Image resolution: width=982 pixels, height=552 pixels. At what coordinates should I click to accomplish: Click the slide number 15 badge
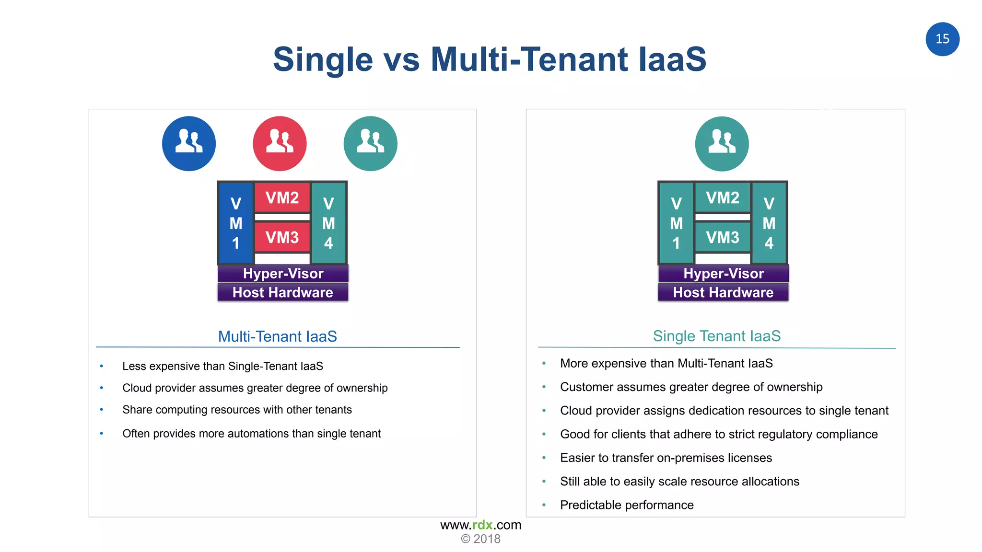point(942,39)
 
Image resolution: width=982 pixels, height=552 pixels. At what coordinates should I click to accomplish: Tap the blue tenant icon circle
point(189,143)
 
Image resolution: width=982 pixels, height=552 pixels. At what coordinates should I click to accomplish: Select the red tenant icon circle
point(280,143)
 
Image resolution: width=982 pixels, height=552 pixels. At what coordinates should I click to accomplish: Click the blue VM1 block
point(235,223)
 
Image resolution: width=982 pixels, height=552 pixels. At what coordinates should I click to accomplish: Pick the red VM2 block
point(282,197)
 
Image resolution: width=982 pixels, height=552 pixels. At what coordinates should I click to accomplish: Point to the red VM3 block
point(282,237)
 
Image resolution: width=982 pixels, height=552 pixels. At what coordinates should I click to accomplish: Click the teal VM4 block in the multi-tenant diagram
point(328,223)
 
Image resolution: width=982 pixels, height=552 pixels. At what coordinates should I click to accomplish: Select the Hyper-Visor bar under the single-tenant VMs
point(723,274)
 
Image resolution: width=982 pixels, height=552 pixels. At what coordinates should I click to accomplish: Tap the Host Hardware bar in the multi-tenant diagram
point(282,292)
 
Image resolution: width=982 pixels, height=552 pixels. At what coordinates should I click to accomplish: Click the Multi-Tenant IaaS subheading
point(277,336)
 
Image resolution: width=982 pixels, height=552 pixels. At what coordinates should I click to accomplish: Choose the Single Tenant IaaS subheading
point(716,336)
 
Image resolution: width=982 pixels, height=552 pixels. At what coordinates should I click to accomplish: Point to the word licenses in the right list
point(749,458)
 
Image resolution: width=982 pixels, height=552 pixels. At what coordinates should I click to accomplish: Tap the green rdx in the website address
point(482,525)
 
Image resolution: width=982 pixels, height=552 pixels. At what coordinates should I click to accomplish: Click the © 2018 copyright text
point(480,539)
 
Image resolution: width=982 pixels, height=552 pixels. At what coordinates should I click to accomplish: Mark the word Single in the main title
point(323,59)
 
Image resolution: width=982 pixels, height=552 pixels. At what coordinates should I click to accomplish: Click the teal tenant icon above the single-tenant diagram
point(722,143)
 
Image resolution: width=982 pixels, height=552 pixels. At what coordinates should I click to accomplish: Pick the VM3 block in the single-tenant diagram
point(723,237)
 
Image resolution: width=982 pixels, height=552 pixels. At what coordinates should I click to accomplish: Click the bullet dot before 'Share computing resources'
point(102,410)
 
